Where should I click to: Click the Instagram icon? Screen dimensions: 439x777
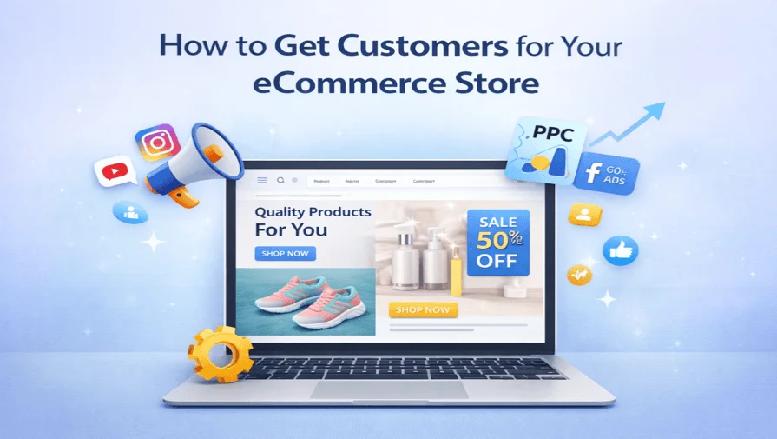pyautogui.click(x=156, y=142)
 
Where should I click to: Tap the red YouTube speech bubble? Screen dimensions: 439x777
pyautogui.click(x=115, y=170)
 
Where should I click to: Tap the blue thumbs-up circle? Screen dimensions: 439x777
pyautogui.click(x=620, y=250)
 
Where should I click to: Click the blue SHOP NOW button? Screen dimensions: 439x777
pyautogui.click(x=286, y=254)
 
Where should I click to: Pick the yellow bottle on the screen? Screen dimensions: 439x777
pyautogui.click(x=457, y=271)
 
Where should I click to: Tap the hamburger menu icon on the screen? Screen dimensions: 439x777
pyautogui.click(x=262, y=180)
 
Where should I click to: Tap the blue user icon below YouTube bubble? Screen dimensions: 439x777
pyautogui.click(x=128, y=210)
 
